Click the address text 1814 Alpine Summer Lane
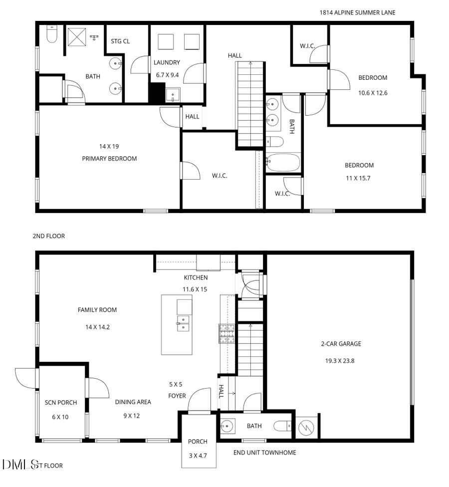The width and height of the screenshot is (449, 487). click(357, 12)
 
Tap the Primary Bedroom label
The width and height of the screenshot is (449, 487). click(109, 159)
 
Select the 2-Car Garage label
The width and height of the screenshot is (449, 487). click(341, 344)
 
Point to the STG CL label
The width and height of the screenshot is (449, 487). click(120, 41)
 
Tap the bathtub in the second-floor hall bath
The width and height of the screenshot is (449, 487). click(283, 162)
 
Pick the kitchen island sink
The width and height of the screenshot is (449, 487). click(183, 323)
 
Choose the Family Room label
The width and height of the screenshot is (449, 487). click(97, 310)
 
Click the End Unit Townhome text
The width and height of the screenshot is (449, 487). click(264, 453)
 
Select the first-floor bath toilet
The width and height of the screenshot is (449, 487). click(282, 426)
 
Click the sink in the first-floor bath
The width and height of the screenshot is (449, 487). click(227, 426)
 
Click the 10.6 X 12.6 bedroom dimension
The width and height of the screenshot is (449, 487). click(373, 93)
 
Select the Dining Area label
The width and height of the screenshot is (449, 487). click(133, 402)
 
